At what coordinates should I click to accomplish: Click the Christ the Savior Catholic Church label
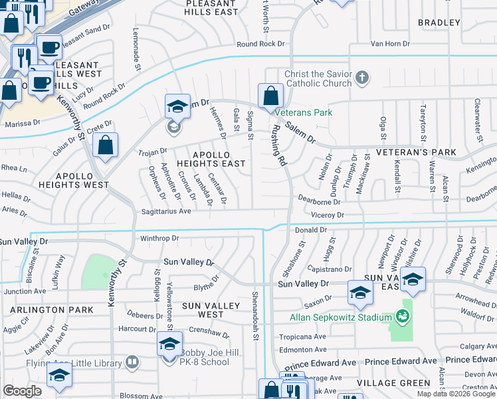[x=318, y=78]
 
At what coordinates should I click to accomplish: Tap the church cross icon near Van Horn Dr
[x=362, y=78]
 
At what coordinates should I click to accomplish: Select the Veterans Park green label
[x=305, y=112]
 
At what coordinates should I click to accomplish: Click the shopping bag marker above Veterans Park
[x=270, y=96]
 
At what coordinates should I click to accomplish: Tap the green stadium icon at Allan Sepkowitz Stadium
[x=401, y=317]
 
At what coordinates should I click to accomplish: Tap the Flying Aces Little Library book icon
[x=132, y=362]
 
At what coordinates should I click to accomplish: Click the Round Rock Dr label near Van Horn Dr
[x=261, y=44]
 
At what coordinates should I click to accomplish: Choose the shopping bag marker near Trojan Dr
[x=106, y=146]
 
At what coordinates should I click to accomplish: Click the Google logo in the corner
[x=23, y=391]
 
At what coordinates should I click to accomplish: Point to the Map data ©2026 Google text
[x=456, y=394]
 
